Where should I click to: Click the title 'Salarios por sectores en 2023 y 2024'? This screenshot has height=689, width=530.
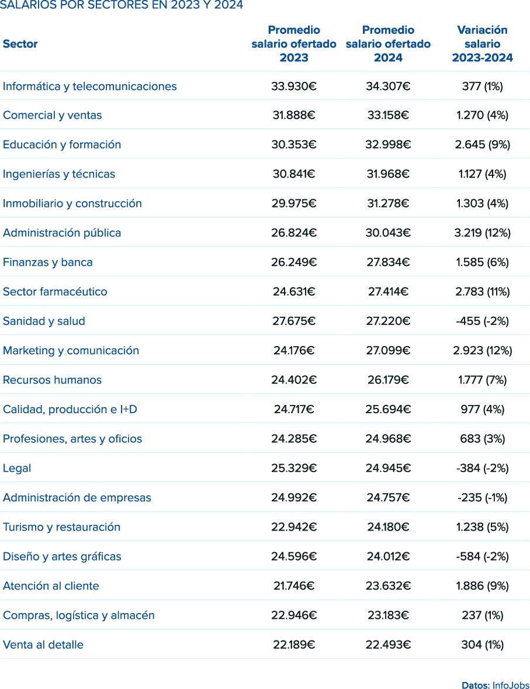pyautogui.click(x=122, y=5)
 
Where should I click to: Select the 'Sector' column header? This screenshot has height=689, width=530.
pyautogui.click(x=20, y=44)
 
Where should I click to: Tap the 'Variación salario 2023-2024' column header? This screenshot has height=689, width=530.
pyautogui.click(x=482, y=44)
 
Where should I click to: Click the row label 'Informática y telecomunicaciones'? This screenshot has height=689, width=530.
pyautogui.click(x=89, y=86)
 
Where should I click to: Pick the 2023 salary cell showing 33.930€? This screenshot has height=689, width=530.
pyautogui.click(x=294, y=86)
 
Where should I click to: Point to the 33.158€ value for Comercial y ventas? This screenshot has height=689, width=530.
pyautogui.click(x=388, y=116)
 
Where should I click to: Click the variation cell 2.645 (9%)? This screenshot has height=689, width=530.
pyautogui.click(x=482, y=145)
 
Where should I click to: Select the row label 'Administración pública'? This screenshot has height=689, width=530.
pyautogui.click(x=62, y=233)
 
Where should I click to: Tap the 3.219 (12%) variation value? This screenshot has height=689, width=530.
pyautogui.click(x=482, y=233)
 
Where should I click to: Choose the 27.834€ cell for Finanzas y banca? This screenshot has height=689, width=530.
pyautogui.click(x=388, y=262)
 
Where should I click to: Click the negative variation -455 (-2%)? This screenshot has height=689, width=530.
pyautogui.click(x=482, y=321)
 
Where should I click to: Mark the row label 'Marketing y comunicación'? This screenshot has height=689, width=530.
pyautogui.click(x=71, y=351)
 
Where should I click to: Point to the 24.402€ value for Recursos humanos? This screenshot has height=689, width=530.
pyautogui.click(x=294, y=380)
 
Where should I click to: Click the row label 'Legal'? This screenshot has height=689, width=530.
pyautogui.click(x=17, y=468)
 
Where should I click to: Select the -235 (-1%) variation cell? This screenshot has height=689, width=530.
pyautogui.click(x=482, y=498)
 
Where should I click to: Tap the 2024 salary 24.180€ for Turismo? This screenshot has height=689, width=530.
pyautogui.click(x=388, y=527)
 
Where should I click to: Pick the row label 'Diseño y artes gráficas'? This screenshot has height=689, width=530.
pyautogui.click(x=62, y=556)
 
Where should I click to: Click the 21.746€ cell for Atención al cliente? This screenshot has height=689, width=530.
pyautogui.click(x=294, y=586)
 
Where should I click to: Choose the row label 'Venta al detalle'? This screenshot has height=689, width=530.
pyautogui.click(x=43, y=645)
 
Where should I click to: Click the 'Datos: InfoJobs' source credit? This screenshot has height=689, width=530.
pyautogui.click(x=495, y=685)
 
